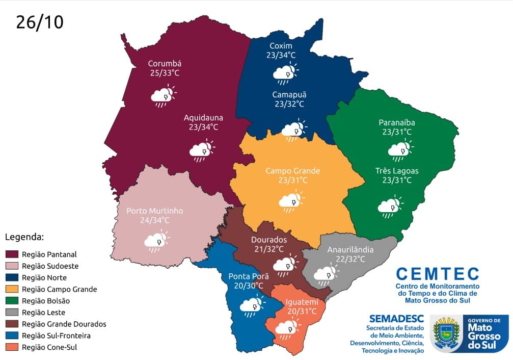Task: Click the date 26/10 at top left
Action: [x=40, y=22]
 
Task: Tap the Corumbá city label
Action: [x=165, y=64]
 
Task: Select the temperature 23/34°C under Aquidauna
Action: [x=203, y=127]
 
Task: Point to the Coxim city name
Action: [x=281, y=45]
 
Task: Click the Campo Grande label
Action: [x=292, y=171]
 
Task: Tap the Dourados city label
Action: [x=269, y=240]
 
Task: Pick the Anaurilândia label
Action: [x=350, y=250]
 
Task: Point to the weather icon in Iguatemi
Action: [x=287, y=326]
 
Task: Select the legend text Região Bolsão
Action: [x=46, y=301]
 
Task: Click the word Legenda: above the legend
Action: [x=25, y=237]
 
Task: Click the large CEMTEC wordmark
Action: [x=437, y=274]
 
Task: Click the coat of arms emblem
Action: [x=446, y=334]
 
